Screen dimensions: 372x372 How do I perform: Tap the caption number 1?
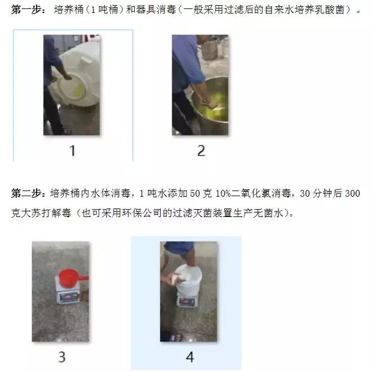[x=72, y=150]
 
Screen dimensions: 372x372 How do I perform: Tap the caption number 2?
[x=201, y=150]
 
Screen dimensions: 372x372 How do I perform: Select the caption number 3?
[x=61, y=356]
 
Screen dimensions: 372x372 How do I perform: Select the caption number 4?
[x=189, y=356]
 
